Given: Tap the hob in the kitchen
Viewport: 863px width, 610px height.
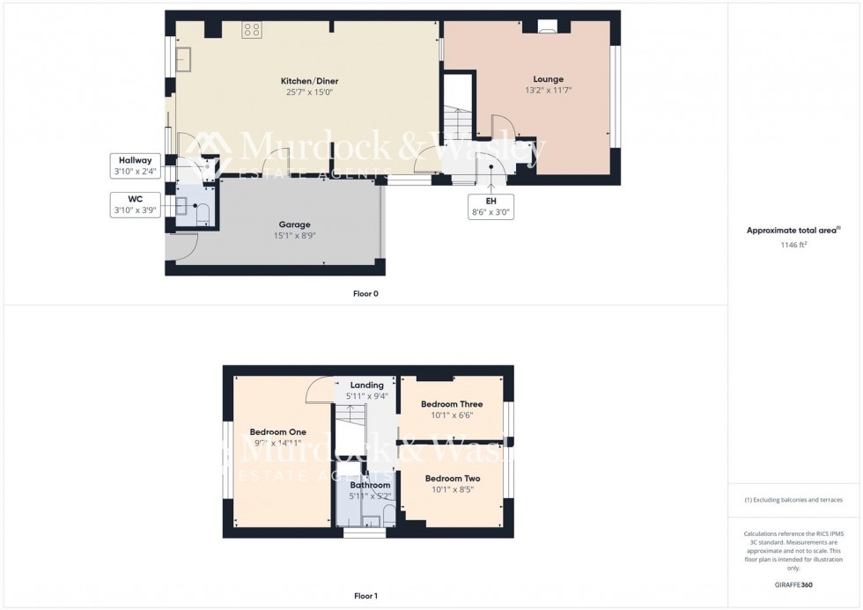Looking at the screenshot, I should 252,30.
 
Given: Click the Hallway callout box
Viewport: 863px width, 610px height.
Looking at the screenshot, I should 130,165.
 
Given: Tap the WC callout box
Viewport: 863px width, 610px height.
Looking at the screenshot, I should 130,203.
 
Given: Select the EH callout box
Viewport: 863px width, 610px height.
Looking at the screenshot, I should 491,207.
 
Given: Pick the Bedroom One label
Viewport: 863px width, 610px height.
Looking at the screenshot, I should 277,432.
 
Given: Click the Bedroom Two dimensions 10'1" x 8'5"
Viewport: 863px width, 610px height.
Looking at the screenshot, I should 452,489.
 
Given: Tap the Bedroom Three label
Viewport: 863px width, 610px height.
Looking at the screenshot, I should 452,404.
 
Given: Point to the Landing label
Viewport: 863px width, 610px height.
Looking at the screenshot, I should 366,386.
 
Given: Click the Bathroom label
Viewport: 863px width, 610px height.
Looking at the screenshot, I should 370,485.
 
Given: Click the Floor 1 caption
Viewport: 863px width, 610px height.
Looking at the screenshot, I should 365,596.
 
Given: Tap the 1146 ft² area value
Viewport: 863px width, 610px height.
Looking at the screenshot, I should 794,246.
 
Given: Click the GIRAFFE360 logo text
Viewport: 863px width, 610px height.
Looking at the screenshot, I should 794,584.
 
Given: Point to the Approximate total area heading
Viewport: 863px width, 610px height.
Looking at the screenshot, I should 793,231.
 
